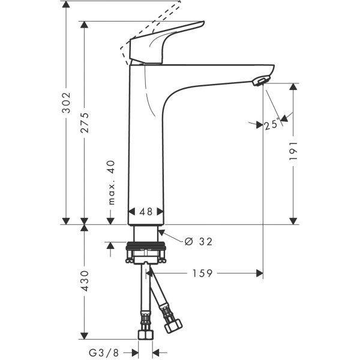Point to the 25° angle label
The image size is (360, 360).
(271, 125)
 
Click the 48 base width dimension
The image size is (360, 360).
(146, 211)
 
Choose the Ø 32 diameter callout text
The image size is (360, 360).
(199, 241)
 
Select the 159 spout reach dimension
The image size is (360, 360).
(203, 274)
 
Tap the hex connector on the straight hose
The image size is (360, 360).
(145, 335)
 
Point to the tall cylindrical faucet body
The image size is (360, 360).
(145, 144)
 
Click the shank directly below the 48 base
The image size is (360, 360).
(145, 233)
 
